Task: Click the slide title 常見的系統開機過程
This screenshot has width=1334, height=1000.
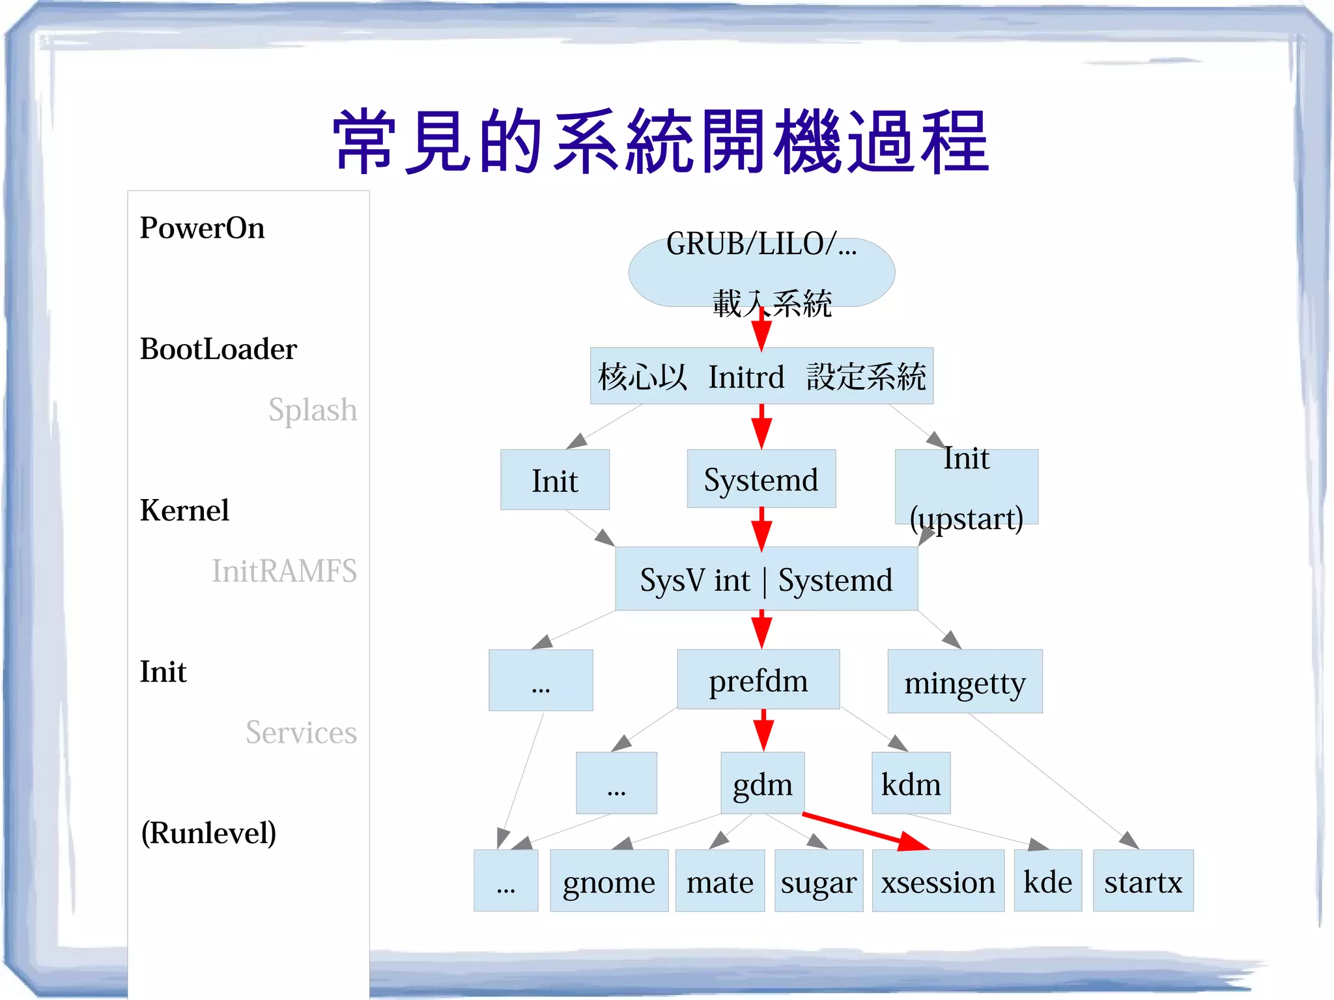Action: (660, 142)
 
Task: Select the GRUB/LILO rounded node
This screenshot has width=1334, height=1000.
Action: (761, 272)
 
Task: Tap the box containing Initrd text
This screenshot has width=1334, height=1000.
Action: (761, 376)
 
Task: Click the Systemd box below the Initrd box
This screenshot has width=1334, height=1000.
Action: (761, 479)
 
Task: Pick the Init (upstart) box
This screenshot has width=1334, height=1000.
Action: (966, 487)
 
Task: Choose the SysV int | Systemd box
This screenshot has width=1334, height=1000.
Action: (766, 579)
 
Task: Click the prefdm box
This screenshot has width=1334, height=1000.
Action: (758, 680)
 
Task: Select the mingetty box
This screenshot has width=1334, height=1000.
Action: (965, 682)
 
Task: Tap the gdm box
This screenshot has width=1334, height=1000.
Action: (762, 784)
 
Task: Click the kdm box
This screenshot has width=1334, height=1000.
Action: (911, 784)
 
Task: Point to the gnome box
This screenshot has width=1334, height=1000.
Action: (608, 881)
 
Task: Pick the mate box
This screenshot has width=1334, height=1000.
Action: (720, 881)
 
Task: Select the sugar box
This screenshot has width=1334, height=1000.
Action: (818, 881)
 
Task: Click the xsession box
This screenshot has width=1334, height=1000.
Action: (938, 881)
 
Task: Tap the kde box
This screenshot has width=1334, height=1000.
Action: (1047, 881)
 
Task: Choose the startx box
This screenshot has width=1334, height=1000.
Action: (1143, 881)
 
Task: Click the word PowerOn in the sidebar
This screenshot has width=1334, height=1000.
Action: (202, 228)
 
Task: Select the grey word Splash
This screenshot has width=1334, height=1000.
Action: (313, 410)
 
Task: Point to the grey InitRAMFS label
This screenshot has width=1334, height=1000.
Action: (284, 571)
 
